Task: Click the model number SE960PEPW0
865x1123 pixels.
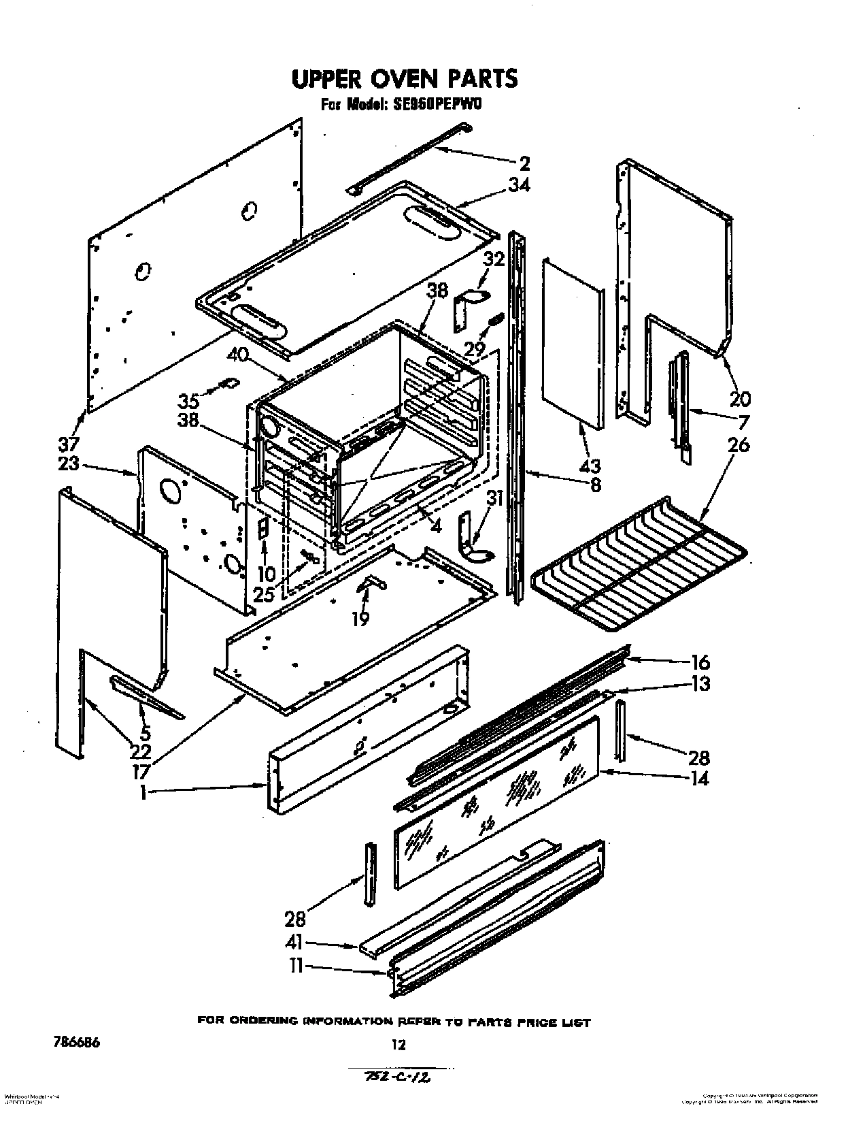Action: pyautogui.click(x=433, y=105)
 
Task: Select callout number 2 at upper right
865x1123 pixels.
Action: pyautogui.click(x=524, y=163)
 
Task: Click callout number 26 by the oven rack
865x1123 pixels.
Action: pyautogui.click(x=738, y=445)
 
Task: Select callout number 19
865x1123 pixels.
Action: pyautogui.click(x=360, y=619)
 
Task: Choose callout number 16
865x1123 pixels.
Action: pyautogui.click(x=700, y=662)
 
